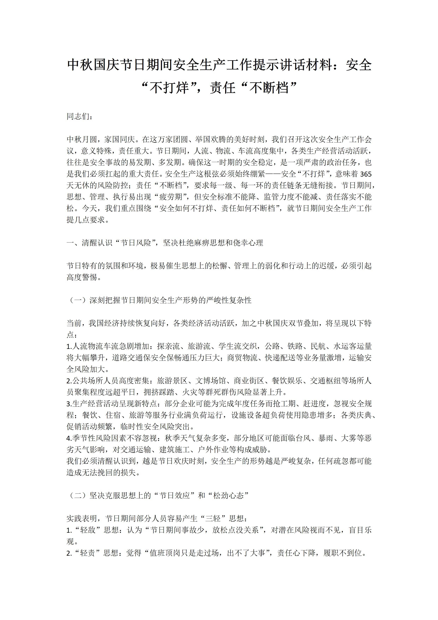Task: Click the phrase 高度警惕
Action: coord(81,277)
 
